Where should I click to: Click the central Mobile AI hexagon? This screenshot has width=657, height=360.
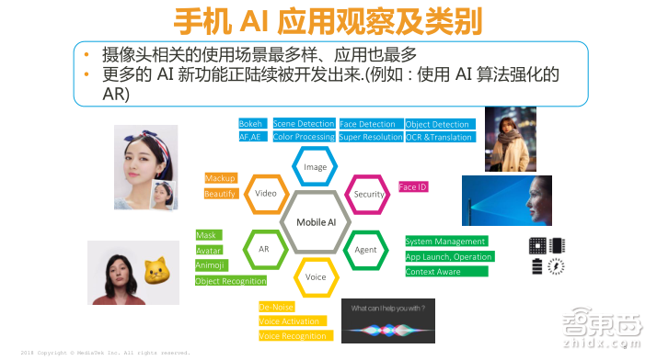tap(316, 222)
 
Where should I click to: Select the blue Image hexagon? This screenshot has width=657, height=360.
tap(316, 168)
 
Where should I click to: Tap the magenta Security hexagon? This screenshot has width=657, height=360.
tap(368, 195)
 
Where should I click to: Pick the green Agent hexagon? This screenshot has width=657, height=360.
tap(365, 249)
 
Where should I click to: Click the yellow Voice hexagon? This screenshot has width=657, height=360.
tap(316, 276)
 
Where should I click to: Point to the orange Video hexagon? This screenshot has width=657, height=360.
tap(266, 195)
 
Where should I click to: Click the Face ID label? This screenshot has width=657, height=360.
tap(412, 186)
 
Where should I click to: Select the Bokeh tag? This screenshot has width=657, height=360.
tap(252, 124)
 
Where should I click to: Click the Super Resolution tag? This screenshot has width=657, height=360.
tap(370, 137)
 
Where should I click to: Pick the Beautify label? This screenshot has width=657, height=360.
tap(221, 194)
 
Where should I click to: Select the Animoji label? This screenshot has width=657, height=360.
tap(211, 264)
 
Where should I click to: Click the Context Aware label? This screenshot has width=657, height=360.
tap(434, 271)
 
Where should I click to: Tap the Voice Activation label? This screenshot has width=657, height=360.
tap(290, 321)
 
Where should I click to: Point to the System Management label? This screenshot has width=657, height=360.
tap(444, 242)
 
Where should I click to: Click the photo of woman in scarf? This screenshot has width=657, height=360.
tap(510, 140)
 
